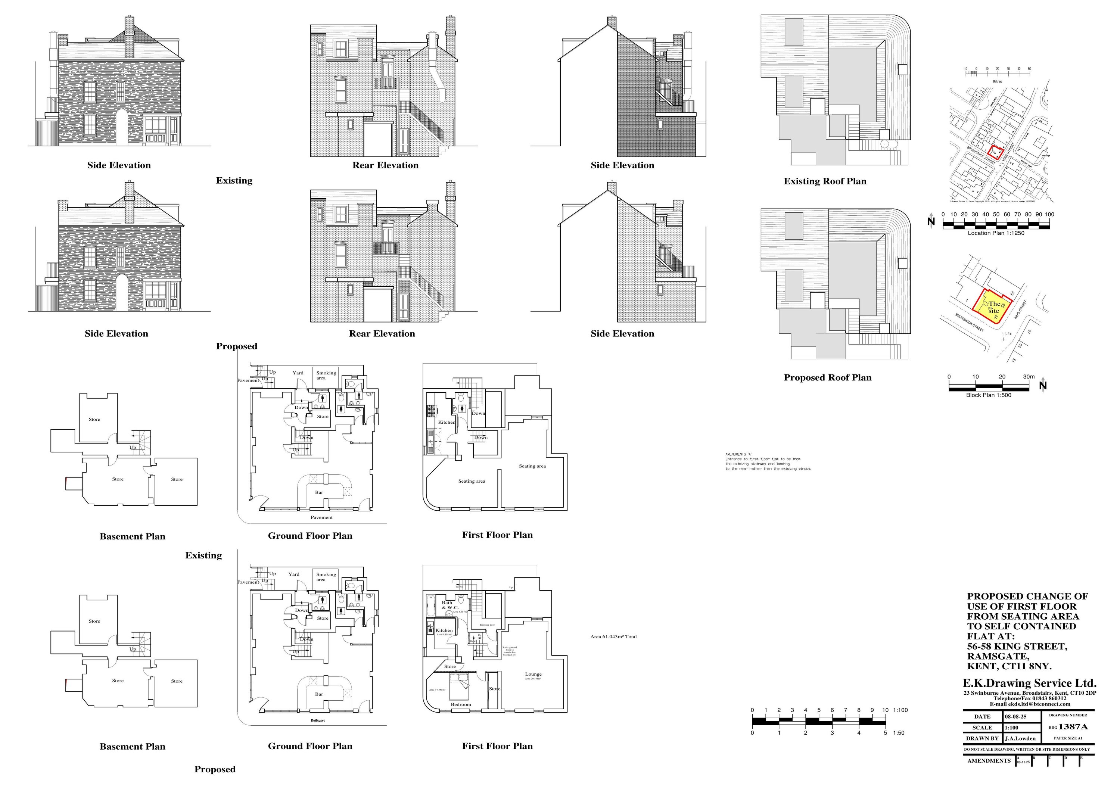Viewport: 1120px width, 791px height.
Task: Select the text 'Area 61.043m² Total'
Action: (x=613, y=637)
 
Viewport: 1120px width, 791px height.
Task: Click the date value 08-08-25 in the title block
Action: (x=1015, y=717)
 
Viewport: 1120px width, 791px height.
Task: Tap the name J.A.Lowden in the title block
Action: (x=1020, y=738)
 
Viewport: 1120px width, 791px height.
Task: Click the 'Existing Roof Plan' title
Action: (x=825, y=181)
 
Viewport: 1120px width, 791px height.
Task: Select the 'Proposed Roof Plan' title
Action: (x=827, y=377)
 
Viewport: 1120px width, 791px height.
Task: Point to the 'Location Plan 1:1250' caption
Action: (x=996, y=233)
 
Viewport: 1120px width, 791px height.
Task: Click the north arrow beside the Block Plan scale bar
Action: (x=1043, y=386)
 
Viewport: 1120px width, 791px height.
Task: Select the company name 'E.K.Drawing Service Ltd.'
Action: (x=1029, y=683)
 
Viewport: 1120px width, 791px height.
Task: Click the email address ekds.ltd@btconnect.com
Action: (x=1030, y=704)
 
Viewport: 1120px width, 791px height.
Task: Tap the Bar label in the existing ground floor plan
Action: (x=319, y=492)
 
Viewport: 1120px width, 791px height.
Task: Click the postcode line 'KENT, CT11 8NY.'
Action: (x=1009, y=666)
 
